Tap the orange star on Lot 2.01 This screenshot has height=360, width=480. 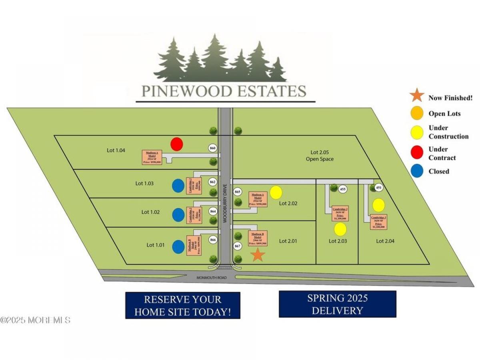tap(258, 254)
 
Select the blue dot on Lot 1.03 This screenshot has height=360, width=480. tap(178, 186)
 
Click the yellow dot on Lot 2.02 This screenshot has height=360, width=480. tap(276, 192)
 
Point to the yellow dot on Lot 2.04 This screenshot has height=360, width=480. tap(378, 205)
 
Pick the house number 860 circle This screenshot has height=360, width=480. tap(213, 148)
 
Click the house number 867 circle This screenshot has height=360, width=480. tap(238, 246)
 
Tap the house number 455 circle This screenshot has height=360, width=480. tap(342, 189)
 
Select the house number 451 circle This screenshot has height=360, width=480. tap(379, 188)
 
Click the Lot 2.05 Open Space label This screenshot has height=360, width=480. tap(322, 156)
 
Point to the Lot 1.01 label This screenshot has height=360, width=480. tap(156, 245)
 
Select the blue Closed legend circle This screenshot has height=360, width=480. tap(417, 171)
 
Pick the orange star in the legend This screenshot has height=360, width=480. tap(417, 96)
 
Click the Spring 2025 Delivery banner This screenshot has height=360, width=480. tap(337, 304)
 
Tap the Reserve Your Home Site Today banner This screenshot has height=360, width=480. tap(183, 305)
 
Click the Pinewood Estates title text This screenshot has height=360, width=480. tap(224, 91)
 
